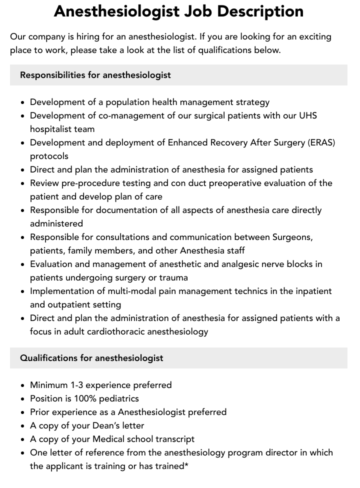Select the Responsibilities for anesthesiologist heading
pyautogui.click(x=95, y=75)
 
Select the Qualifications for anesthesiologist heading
pyautogui.click(x=91, y=358)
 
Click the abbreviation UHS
pyautogui.click(x=307, y=115)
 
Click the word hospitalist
pyautogui.click(x=54, y=129)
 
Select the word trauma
pyautogui.click(x=173, y=277)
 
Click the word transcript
pyautogui.click(x=172, y=439)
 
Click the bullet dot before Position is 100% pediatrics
pyautogui.click(x=23, y=399)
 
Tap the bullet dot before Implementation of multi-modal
pyautogui.click(x=23, y=291)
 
